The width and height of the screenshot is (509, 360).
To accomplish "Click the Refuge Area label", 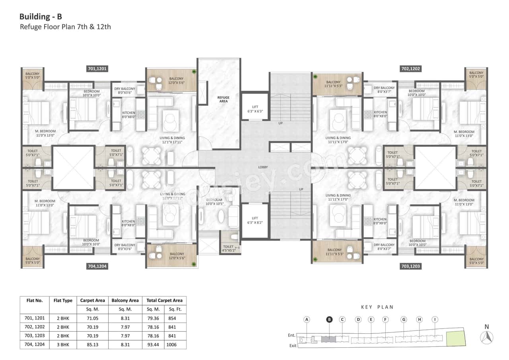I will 223,99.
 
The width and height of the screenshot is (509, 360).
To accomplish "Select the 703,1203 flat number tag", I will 410,266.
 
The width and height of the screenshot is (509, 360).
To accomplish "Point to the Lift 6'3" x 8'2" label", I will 255,220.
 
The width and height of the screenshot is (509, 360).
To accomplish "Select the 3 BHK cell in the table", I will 62,344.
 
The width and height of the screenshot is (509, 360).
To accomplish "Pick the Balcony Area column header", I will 125,300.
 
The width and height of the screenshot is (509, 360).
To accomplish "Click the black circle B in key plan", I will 329,319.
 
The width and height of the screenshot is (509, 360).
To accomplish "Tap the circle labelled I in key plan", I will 435,319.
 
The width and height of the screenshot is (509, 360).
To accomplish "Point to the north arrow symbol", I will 487,337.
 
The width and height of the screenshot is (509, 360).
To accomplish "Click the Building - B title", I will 41,17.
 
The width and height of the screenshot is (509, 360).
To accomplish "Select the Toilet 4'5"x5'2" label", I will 229,249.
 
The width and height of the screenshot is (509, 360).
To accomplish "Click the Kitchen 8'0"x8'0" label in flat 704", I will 128,223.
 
